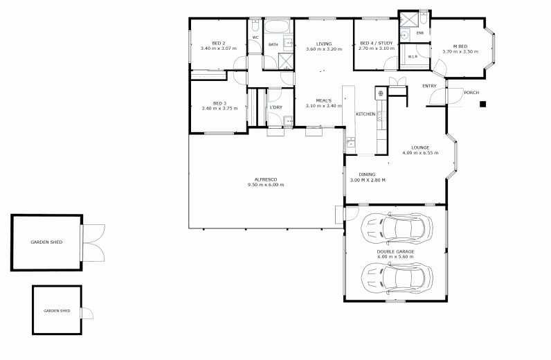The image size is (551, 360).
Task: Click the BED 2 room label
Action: point(219,43)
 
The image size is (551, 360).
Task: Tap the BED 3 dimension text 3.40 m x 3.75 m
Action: point(219,108)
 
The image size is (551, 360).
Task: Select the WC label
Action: point(255,37)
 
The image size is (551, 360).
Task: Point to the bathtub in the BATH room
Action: point(277,26)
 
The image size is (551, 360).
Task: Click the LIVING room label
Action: point(324,44)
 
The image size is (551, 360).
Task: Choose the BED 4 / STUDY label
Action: point(377,43)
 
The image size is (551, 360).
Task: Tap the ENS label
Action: point(420,33)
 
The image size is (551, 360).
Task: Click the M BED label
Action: point(460,46)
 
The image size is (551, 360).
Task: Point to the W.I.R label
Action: point(413,56)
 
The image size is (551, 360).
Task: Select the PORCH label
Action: point(471,93)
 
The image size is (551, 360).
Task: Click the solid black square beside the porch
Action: point(483,104)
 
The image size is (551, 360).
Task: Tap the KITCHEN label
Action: point(365,114)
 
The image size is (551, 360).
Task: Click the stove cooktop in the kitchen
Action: point(381,93)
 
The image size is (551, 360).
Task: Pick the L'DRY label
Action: point(276,107)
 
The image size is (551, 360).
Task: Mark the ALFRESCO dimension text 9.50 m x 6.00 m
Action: point(266,185)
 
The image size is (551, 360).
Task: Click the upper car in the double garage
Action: point(397,229)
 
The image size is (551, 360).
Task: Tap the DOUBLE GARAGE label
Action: point(395,252)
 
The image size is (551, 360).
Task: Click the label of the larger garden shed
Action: point(46,242)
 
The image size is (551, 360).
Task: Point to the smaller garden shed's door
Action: point(87,313)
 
